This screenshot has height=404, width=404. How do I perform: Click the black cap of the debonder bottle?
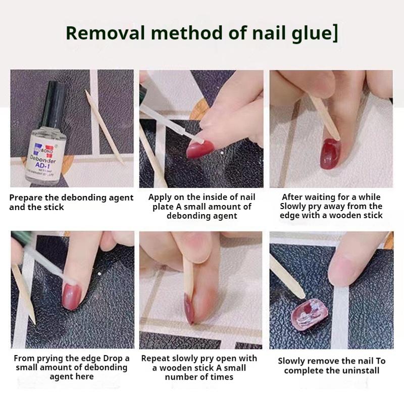[51, 104]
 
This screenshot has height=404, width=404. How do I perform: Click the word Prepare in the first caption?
[26, 197]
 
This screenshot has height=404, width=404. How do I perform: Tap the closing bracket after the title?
[335, 34]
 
